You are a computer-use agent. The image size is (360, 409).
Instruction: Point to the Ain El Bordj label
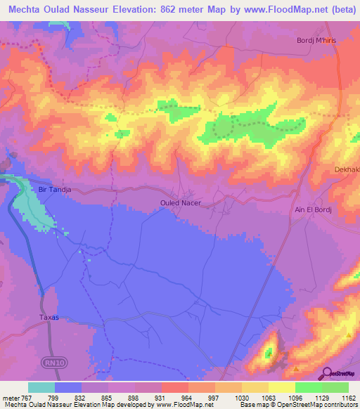click(x=314, y=209)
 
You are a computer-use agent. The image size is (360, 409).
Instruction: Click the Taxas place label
click(x=49, y=317)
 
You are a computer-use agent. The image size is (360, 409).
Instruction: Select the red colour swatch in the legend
click(x=174, y=387)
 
